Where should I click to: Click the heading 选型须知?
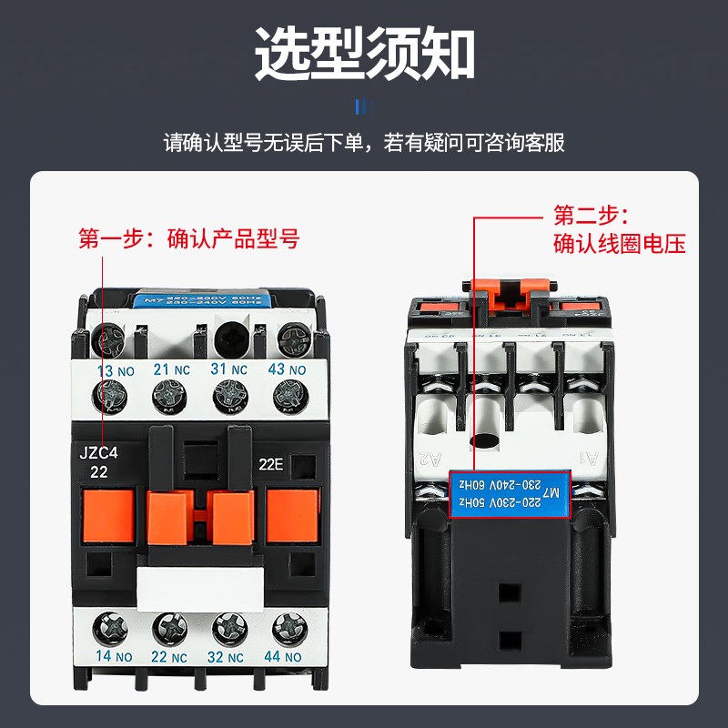(364, 53)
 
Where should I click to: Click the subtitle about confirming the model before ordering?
(364, 143)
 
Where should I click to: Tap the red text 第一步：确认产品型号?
(188, 239)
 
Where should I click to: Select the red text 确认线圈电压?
(619, 244)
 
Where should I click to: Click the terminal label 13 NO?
(114, 369)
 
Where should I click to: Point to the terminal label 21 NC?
(173, 369)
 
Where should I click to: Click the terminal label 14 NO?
(114, 655)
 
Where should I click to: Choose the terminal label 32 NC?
(229, 655)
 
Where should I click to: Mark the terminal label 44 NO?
(288, 655)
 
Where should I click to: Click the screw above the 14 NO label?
(112, 626)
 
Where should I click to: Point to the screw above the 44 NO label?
(288, 626)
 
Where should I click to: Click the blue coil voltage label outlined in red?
(511, 492)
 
